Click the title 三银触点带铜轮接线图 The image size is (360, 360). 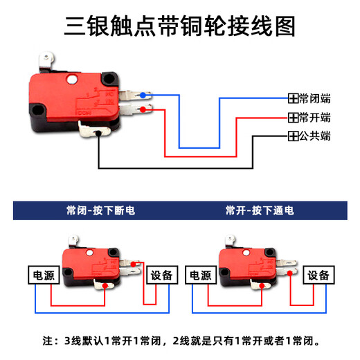point(180,26)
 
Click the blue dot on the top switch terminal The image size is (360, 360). point(143,95)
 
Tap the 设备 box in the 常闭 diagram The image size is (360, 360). point(163,275)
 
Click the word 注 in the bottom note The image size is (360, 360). point(48,341)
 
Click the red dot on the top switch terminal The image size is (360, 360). point(143,109)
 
